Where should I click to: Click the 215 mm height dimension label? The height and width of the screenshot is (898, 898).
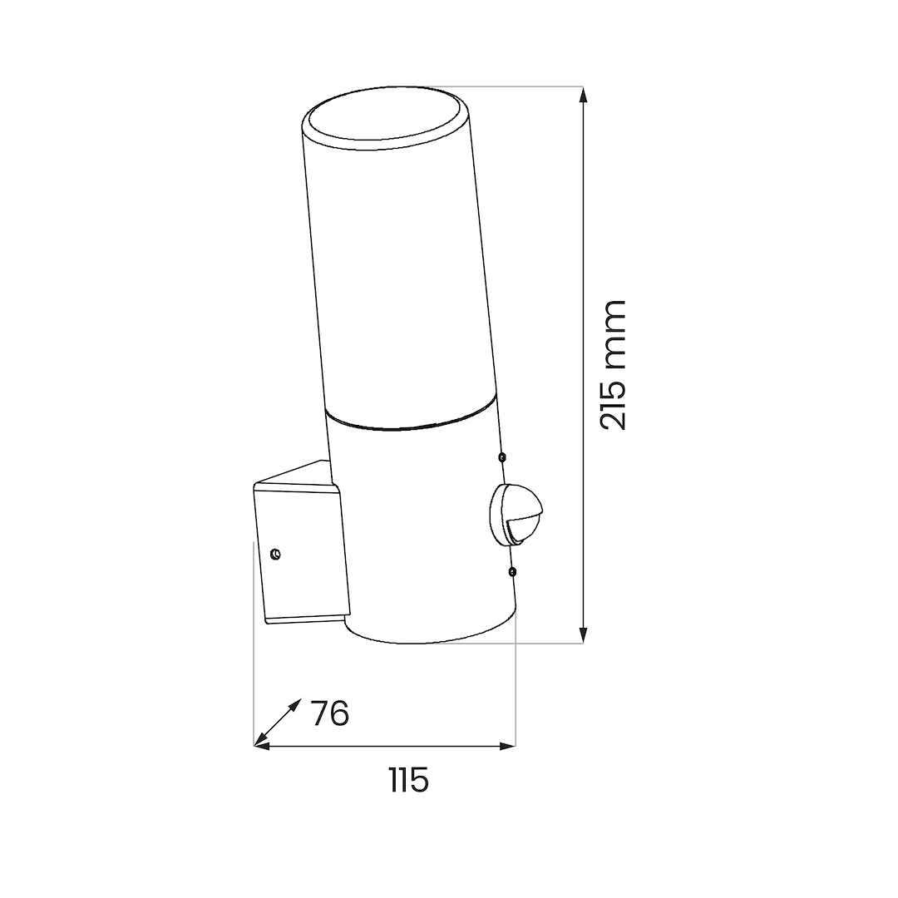(x=614, y=365)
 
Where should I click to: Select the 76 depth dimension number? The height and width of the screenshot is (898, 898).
(x=330, y=713)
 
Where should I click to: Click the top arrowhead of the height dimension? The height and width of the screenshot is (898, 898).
(x=583, y=95)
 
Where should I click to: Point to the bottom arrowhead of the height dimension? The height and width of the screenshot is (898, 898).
(x=583, y=635)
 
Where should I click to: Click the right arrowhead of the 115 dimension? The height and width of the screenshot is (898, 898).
(x=507, y=746)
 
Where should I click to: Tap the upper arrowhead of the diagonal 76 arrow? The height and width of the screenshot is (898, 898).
(x=294, y=705)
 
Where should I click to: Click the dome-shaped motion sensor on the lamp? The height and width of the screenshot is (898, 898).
(x=516, y=515)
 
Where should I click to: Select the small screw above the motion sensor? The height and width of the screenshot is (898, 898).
(x=502, y=457)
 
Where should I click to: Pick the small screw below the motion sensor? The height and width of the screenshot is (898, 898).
(x=512, y=571)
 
